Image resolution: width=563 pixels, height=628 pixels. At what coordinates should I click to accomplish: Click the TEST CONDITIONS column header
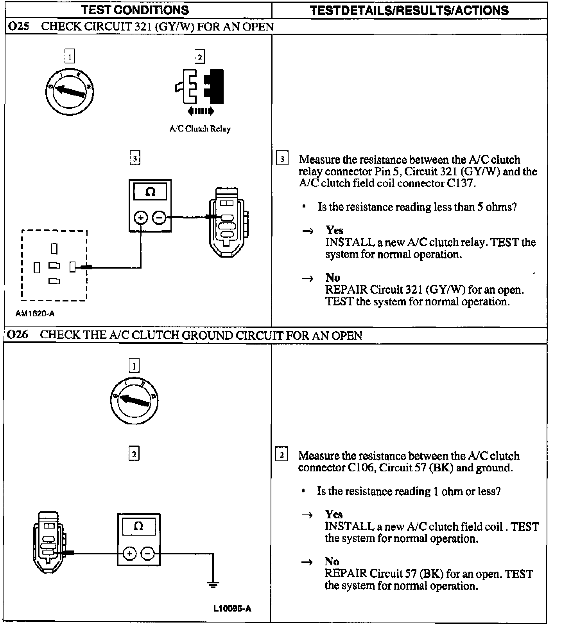[x=135, y=10]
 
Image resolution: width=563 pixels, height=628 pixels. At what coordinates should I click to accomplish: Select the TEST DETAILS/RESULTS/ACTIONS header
[x=409, y=10]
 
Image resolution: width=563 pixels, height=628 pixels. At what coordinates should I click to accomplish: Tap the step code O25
[x=18, y=27]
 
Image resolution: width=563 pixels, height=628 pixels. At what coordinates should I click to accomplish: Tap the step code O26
[x=18, y=335]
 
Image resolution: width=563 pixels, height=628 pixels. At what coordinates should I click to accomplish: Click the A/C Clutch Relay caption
[x=200, y=129]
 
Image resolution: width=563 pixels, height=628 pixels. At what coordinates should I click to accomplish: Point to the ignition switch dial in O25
[x=70, y=92]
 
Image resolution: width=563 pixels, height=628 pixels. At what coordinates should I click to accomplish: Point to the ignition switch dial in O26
[x=134, y=401]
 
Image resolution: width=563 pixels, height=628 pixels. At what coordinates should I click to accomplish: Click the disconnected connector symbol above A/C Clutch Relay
[x=200, y=87]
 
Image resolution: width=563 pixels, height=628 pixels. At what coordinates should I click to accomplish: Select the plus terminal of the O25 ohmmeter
[x=141, y=217]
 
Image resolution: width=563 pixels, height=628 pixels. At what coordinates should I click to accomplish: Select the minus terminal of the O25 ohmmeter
[x=159, y=217]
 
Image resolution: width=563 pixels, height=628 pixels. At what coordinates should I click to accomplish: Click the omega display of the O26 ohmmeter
[x=139, y=526]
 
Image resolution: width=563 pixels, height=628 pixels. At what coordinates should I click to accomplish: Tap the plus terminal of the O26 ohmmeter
[x=129, y=553]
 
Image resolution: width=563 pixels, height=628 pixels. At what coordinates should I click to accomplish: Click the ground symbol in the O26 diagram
[x=213, y=585]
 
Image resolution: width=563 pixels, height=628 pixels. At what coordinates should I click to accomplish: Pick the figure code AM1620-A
[x=35, y=314]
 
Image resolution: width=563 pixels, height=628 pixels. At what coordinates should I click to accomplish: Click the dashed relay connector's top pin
[x=54, y=249]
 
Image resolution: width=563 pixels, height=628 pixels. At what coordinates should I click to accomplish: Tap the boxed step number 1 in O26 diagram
[x=134, y=366]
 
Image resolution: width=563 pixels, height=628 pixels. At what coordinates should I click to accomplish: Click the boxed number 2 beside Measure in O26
[x=281, y=455]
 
